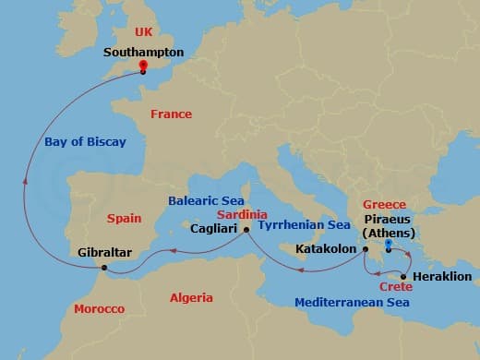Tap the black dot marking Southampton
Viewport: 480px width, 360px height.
click(143, 71)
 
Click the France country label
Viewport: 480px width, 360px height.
click(171, 114)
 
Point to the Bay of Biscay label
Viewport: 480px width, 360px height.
click(86, 142)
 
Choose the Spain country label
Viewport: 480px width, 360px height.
click(124, 219)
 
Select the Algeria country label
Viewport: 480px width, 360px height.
click(191, 297)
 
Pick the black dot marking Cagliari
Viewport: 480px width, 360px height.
click(246, 228)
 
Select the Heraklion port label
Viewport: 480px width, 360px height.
click(441, 276)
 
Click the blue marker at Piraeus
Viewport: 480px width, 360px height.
click(388, 246)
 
